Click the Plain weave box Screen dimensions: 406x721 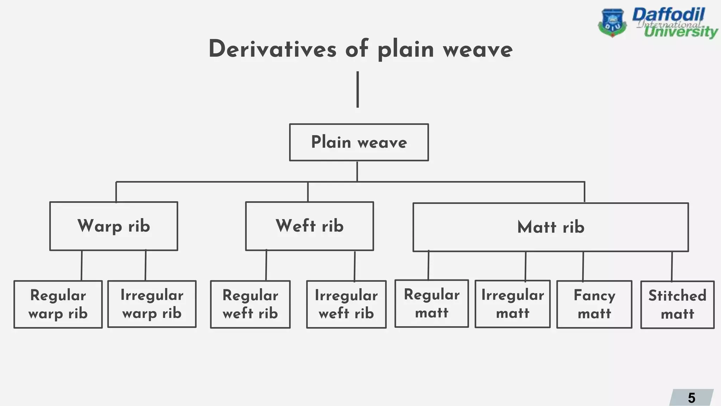tap(359, 142)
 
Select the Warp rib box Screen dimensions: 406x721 tap(114, 226)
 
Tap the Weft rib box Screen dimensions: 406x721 tap(309, 226)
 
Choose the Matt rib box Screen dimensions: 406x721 tap(551, 227)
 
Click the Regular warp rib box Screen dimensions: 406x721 tap(58, 304)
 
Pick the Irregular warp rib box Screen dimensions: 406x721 tap(152, 304)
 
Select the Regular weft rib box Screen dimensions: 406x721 tap(250, 304)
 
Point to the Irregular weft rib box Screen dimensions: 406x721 tap(346, 304)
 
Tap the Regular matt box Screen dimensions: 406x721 tap(432, 303)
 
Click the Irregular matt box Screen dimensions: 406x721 tap(513, 304)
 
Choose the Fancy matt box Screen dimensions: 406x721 tap(594, 304)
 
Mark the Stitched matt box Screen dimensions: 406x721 tap(677, 305)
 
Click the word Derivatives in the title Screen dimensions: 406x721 tap(272, 49)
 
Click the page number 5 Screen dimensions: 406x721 tap(691, 398)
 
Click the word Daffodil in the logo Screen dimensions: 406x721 tap(668, 15)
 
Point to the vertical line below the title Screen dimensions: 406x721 tap(358, 90)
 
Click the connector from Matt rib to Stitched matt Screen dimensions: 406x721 tap(672, 266)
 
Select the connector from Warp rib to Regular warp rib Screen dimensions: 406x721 tap(82, 265)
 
